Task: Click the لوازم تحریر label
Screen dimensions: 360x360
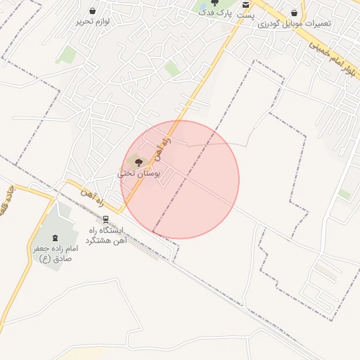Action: click(x=94, y=22)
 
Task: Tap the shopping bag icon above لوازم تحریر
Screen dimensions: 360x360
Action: click(x=94, y=11)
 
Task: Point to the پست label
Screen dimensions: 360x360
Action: click(x=246, y=15)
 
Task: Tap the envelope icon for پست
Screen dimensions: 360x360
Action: click(x=245, y=4)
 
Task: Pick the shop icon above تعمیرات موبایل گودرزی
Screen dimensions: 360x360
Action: click(x=294, y=13)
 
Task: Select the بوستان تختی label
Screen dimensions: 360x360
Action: click(x=139, y=173)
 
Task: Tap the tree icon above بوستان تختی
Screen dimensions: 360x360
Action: click(x=138, y=162)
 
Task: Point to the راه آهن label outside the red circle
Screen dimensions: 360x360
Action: click(x=91, y=192)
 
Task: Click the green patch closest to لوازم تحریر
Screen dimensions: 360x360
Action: click(x=67, y=53)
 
